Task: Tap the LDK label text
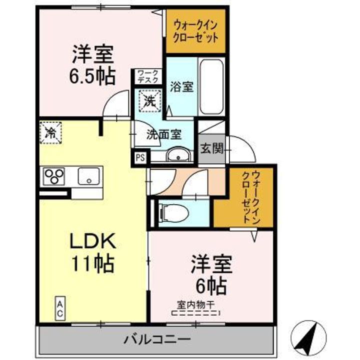click(93, 241)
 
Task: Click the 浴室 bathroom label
click(181, 86)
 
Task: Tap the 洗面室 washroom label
click(163, 134)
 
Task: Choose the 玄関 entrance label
click(212, 148)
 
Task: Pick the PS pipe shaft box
click(140, 157)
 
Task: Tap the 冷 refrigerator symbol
click(50, 132)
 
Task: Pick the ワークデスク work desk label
click(148, 76)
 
